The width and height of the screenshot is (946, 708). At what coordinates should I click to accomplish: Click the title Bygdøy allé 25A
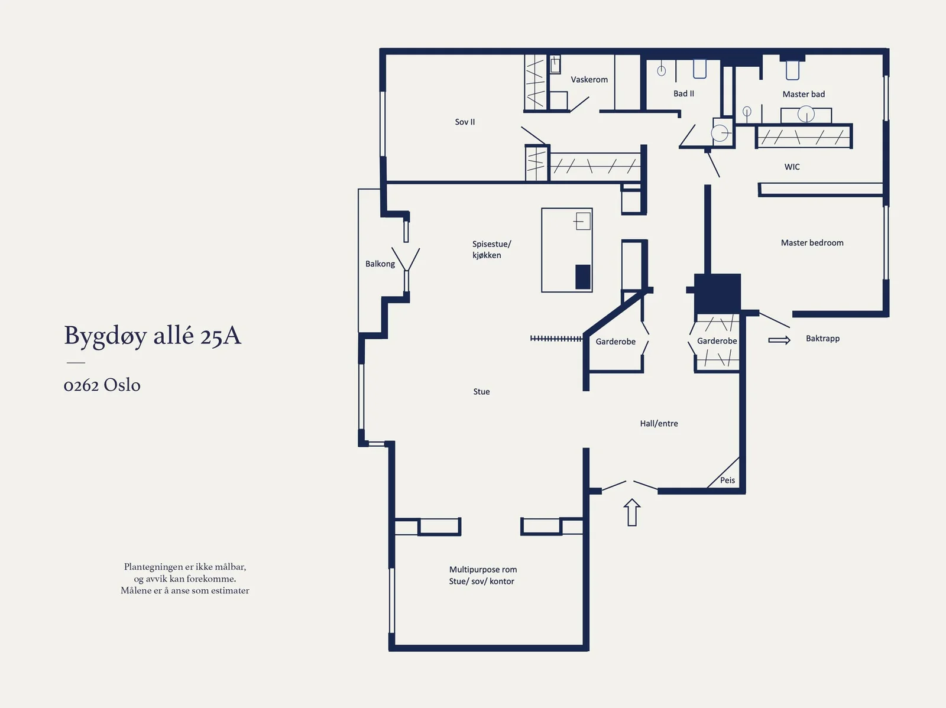click(x=153, y=336)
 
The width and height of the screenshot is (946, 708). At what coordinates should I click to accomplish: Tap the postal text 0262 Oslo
click(x=102, y=385)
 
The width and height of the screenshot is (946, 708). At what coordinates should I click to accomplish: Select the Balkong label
click(x=380, y=264)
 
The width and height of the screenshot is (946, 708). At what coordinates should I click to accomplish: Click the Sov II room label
click(x=465, y=122)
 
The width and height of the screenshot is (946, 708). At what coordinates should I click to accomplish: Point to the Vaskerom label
click(x=589, y=80)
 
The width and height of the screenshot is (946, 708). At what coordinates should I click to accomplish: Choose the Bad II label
click(x=683, y=93)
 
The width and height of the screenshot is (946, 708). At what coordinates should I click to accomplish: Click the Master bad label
click(x=804, y=95)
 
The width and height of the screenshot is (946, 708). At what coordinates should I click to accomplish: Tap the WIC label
click(x=792, y=167)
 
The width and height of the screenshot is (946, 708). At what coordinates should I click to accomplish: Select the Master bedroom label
click(x=812, y=243)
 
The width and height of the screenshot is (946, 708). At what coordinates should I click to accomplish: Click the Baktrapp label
click(x=822, y=339)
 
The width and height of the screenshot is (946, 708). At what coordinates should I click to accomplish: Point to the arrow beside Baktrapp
click(x=779, y=340)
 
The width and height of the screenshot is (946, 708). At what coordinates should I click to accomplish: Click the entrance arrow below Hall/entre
click(x=632, y=512)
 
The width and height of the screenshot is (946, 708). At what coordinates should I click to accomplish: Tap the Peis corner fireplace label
click(x=727, y=480)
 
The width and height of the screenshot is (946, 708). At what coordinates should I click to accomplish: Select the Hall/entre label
click(x=659, y=424)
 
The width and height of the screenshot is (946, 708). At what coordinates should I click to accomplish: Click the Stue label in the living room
click(x=481, y=392)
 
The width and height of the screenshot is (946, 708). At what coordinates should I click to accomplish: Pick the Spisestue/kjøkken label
click(x=491, y=250)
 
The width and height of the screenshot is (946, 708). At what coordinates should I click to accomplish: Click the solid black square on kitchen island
click(x=583, y=277)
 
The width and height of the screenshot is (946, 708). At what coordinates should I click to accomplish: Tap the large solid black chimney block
click(x=717, y=294)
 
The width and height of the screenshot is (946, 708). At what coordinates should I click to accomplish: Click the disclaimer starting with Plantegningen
click(x=185, y=579)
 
